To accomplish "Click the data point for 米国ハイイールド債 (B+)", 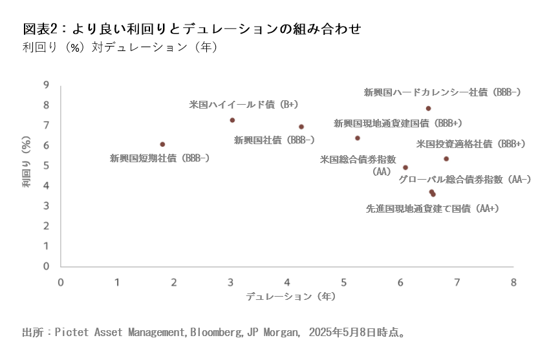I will point(232,120).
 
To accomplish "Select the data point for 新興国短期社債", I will point(162,144).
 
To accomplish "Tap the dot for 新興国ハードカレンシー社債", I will point(428,109).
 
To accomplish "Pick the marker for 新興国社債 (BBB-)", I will point(301,127).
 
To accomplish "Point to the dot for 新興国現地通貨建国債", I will point(358,138).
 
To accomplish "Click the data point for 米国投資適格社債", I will point(446,159).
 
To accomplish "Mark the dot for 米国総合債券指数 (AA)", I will point(405,167).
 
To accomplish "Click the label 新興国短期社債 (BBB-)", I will point(159,157).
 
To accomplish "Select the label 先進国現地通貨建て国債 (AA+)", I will point(433,208).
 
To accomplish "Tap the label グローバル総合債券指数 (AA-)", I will point(465,179).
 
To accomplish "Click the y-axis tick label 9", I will point(46,85).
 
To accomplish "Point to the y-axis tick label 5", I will point(46,165).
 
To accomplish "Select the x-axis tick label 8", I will point(513,282).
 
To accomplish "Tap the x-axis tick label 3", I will point(231,282).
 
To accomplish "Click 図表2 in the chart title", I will point(39,29).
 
